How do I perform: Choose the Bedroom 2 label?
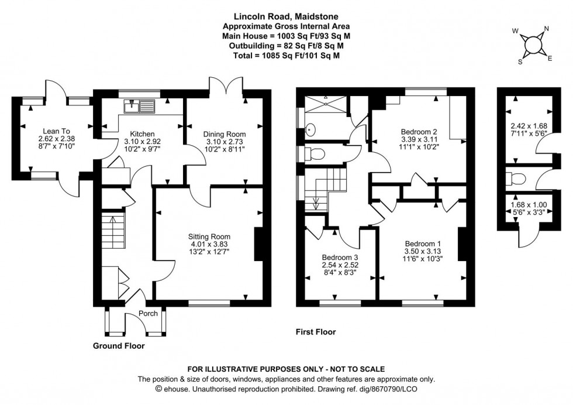point(419,131)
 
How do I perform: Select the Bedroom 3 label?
point(340,256)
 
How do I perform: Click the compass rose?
point(533,45)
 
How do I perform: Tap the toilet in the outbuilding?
point(513,177)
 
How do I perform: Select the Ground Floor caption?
point(119,346)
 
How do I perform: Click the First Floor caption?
point(316,332)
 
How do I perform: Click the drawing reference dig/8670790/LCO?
point(378,389)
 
